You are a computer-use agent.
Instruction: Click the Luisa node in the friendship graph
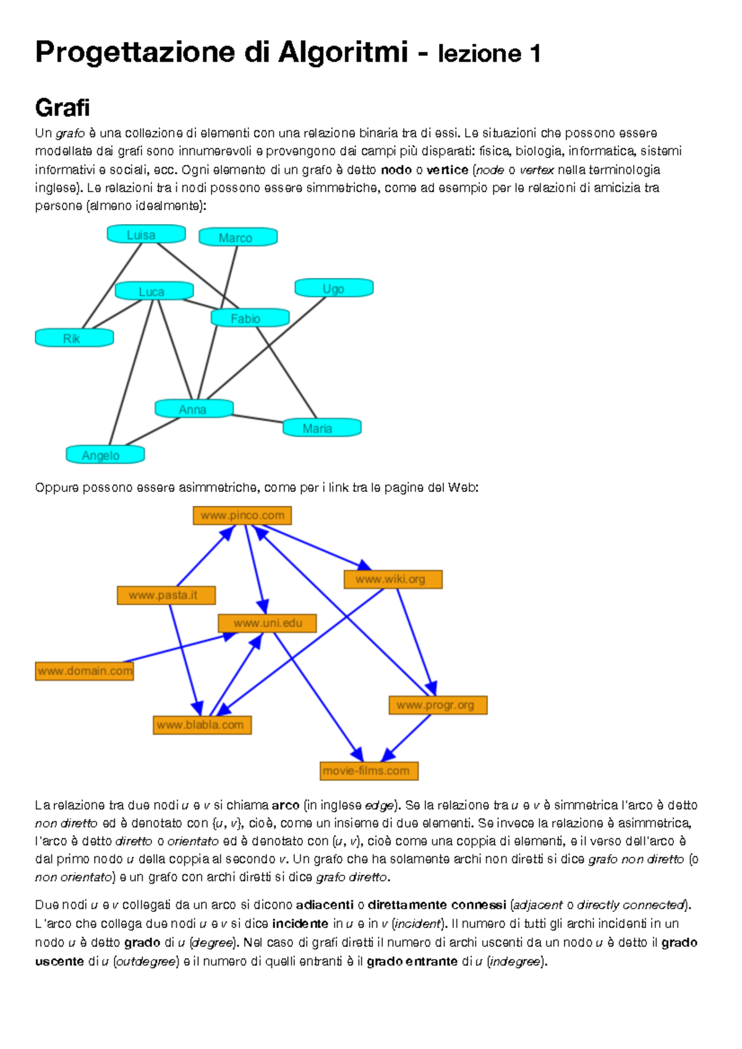click(x=146, y=234)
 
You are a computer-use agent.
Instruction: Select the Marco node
click(x=237, y=237)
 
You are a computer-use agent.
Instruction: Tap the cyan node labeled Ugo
click(x=334, y=288)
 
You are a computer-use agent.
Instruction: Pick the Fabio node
click(x=250, y=318)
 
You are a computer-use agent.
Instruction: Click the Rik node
click(x=74, y=338)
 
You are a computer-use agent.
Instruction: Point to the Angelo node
click(x=105, y=455)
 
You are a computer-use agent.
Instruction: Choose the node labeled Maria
click(x=322, y=428)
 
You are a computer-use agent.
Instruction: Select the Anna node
click(x=194, y=409)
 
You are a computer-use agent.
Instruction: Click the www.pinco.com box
click(x=242, y=515)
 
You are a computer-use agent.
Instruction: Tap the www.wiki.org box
click(x=393, y=579)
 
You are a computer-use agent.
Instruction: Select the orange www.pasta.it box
click(x=166, y=596)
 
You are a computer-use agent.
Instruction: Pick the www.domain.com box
click(x=85, y=671)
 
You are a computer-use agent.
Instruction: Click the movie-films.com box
click(x=369, y=771)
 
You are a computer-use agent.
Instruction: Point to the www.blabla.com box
click(x=202, y=725)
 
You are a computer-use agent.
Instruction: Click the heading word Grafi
click(x=62, y=108)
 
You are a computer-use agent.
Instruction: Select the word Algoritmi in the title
click(x=343, y=52)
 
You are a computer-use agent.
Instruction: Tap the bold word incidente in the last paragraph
click(x=300, y=924)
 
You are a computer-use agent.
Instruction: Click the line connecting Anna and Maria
click(x=257, y=418)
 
